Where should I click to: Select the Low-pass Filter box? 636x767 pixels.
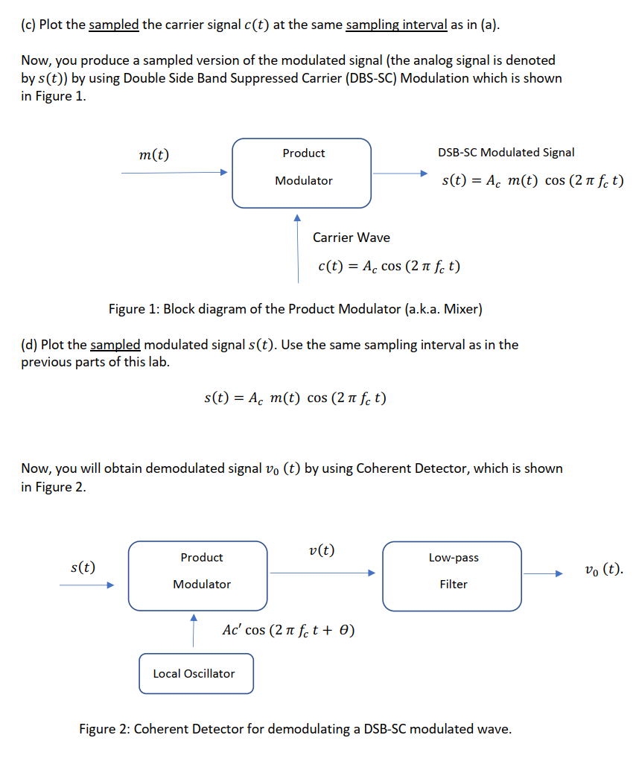pyautogui.click(x=453, y=576)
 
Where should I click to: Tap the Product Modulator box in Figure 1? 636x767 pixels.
pyautogui.click(x=302, y=173)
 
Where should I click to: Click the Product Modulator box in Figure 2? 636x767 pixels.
pyautogui.click(x=197, y=576)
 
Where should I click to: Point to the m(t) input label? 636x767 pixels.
pyautogui.click(x=154, y=155)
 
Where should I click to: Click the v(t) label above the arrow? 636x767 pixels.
pyautogui.click(x=321, y=551)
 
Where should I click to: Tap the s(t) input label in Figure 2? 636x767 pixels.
pyautogui.click(x=82, y=567)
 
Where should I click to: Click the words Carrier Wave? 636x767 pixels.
pyautogui.click(x=351, y=238)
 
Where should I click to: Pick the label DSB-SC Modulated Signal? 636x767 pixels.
pyautogui.click(x=506, y=153)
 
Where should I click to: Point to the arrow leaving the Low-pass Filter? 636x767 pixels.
pyautogui.click(x=547, y=573)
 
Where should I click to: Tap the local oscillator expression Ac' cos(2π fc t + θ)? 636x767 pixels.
pyautogui.click(x=288, y=630)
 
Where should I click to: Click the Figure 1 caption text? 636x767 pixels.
pyautogui.click(x=296, y=309)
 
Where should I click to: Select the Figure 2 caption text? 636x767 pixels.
pyautogui.click(x=296, y=728)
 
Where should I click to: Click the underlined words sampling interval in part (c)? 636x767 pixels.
pyautogui.click(x=396, y=25)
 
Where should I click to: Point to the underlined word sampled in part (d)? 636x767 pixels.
pyautogui.click(x=115, y=345)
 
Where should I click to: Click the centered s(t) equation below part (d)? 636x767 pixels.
pyautogui.click(x=295, y=398)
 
